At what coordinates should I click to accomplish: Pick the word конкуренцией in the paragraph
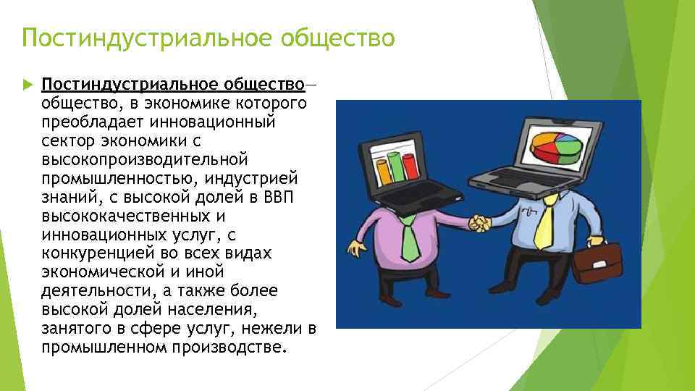pos(91,253)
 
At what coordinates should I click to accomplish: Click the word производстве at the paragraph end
pos(230,346)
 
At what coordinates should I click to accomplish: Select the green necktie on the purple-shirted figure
pos(409,240)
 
